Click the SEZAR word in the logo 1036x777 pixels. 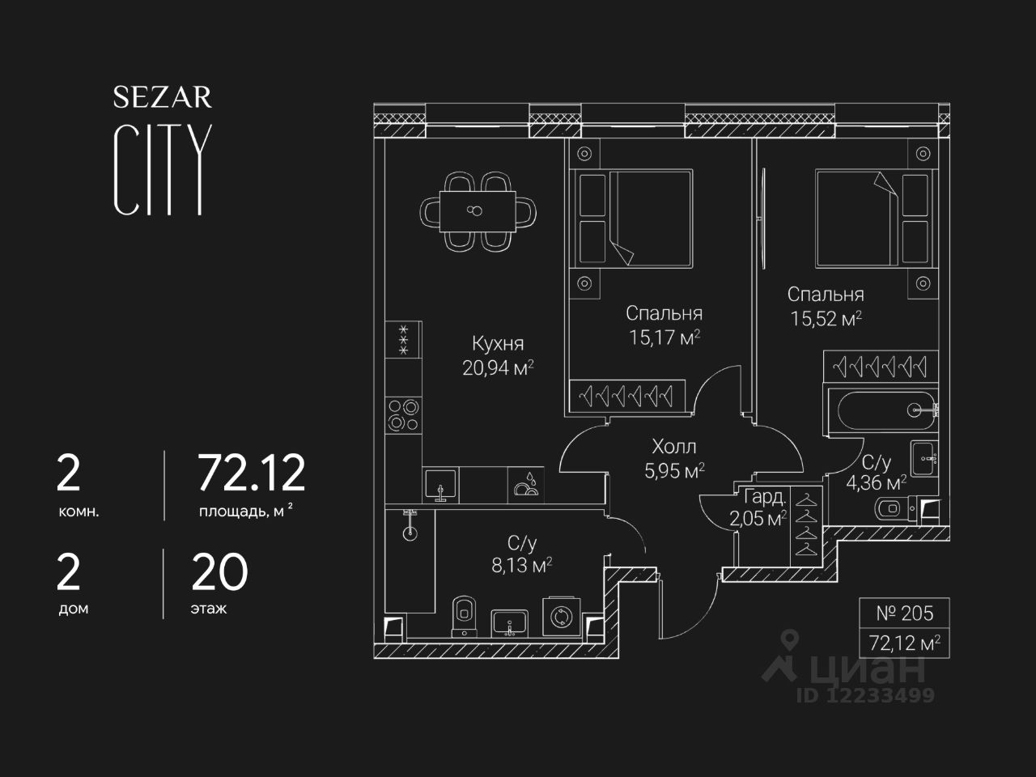(x=162, y=98)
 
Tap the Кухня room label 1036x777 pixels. (x=498, y=344)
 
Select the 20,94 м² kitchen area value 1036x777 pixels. (x=498, y=368)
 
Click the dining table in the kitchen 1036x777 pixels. (x=478, y=211)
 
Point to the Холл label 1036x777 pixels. (x=674, y=447)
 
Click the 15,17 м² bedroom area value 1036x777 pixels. (x=664, y=337)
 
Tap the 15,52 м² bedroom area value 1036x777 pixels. (x=826, y=318)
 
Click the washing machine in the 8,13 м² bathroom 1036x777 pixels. (x=559, y=616)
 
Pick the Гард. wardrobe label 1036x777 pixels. (x=763, y=497)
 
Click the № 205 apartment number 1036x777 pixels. (x=904, y=614)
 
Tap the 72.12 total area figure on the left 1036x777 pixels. (x=252, y=473)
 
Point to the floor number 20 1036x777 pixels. (x=219, y=573)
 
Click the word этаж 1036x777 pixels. (x=209, y=609)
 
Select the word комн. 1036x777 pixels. (x=79, y=512)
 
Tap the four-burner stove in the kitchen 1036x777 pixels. (x=403, y=415)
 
